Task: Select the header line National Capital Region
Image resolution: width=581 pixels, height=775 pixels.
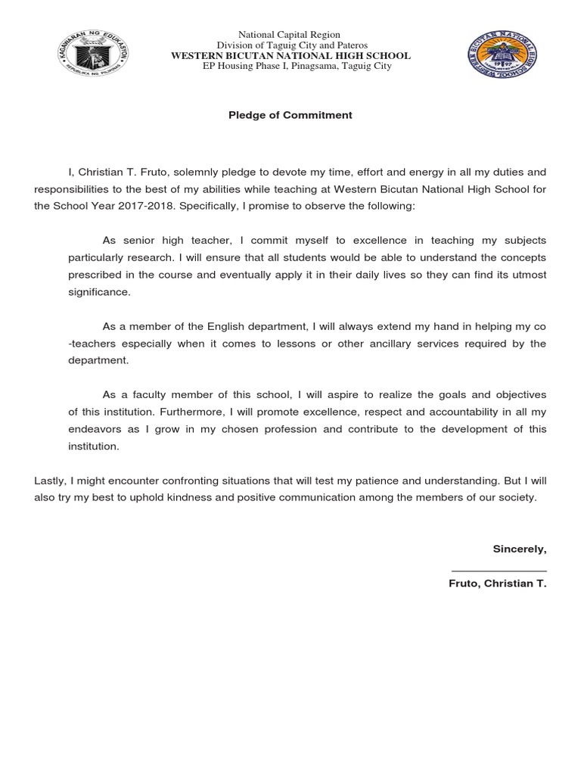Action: pos(290,35)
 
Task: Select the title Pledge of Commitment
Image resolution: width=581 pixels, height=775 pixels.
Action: pos(290,116)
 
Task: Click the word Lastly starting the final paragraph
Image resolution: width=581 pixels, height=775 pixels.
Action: pos(49,481)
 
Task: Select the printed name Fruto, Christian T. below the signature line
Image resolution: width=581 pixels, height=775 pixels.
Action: pos(497,584)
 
